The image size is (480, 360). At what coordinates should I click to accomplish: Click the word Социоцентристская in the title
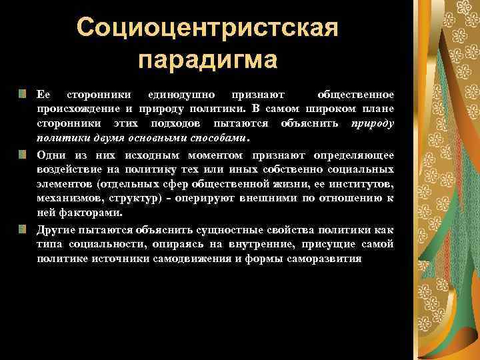pos(208,27)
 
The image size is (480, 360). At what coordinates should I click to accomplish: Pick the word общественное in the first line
pos(357,94)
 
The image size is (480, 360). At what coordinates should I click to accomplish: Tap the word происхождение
pos(71,109)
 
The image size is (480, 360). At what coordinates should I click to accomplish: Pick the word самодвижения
pos(257,259)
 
